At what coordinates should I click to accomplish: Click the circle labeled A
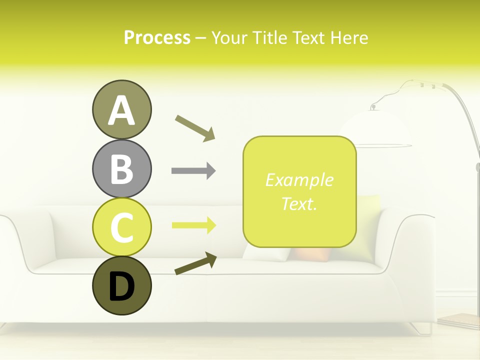[x=121, y=109]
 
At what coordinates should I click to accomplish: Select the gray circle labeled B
[x=121, y=168]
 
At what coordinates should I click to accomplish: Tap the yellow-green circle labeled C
[x=121, y=227]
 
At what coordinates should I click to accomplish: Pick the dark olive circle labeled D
[x=121, y=285]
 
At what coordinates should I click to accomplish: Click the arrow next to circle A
[x=195, y=128]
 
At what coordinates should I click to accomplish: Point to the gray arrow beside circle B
[x=193, y=171]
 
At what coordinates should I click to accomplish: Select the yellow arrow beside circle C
[x=193, y=225]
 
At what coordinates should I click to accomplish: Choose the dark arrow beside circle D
[x=195, y=264]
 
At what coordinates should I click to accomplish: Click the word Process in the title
[x=157, y=37]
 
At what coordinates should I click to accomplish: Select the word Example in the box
[x=299, y=180]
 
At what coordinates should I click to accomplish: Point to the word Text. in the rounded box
[x=299, y=203]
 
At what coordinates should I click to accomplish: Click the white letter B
[x=121, y=168]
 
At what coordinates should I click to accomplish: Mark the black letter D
[x=121, y=287]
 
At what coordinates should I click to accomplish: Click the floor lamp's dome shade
[x=375, y=129]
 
